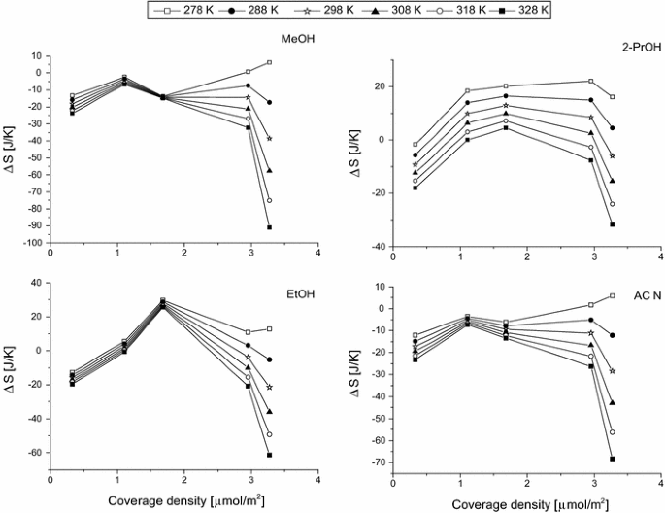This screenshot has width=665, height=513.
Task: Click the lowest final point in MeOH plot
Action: pos(269,227)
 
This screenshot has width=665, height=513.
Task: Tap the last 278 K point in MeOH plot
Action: pos(269,62)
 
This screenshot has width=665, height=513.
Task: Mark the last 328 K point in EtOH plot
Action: pos(269,455)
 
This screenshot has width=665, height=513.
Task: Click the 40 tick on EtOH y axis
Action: pos(39,283)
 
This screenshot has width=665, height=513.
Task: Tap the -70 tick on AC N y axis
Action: pos(376,462)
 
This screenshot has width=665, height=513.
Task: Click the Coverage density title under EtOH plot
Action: pos(183,497)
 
